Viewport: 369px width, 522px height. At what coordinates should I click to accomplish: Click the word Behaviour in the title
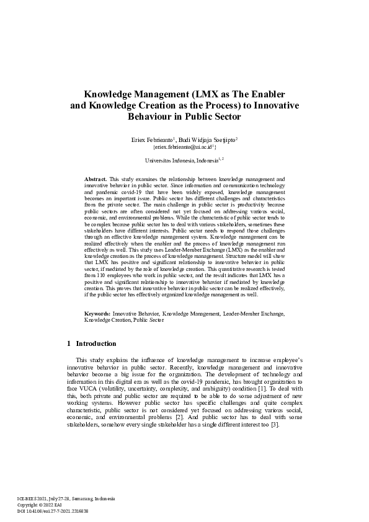(151, 116)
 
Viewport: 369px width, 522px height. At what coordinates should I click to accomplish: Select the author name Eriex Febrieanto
(152, 141)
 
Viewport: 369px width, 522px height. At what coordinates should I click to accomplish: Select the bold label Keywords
(98, 314)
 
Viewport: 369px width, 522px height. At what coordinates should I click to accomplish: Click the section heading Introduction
(96, 343)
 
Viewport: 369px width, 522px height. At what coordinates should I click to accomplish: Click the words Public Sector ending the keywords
(148, 320)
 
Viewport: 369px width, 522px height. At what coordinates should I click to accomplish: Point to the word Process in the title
(196, 105)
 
